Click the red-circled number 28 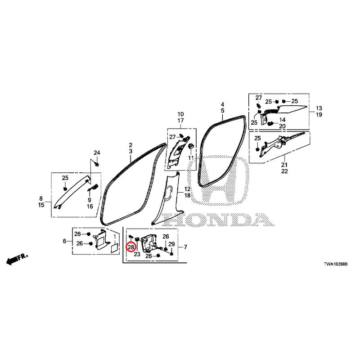131,247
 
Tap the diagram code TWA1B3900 335,264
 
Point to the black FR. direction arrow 17,260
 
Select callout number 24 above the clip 97,153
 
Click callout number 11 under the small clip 191,158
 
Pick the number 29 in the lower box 171,244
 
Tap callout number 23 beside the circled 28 137,254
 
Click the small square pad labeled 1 114,249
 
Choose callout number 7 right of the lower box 185,247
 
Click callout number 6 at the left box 64,241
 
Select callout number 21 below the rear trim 284,165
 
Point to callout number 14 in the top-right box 283,120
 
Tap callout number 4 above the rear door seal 222,104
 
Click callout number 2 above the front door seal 130,145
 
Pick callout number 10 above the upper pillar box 181,114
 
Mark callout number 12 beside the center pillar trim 187,189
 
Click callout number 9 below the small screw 90,200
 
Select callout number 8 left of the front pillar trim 41,198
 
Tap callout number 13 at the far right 319,108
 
